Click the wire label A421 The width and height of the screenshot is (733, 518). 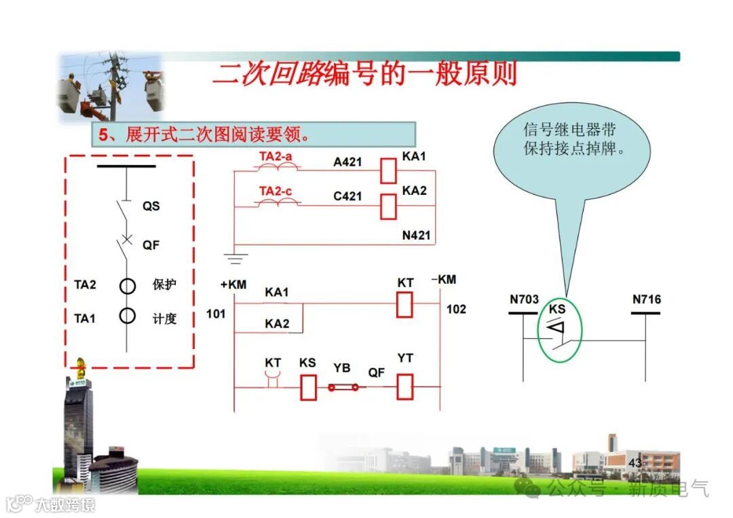347,162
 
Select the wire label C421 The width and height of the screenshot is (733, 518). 347,197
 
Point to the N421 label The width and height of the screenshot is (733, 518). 416,236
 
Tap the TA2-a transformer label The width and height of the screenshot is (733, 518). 276,157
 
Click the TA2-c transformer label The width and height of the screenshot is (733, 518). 276,191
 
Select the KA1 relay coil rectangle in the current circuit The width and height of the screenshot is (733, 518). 388,170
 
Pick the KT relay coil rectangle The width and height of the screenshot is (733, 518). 405,305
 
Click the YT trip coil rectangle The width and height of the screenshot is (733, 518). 405,386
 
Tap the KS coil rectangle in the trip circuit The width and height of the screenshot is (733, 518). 308,387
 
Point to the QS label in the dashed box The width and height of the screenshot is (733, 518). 151,206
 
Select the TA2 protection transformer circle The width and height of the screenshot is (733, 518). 128,286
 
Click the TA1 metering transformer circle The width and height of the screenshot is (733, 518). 128,316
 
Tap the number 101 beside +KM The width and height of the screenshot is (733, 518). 216,314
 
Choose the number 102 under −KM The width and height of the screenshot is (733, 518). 456,310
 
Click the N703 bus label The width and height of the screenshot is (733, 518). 524,299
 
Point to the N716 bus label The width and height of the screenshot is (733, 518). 646,299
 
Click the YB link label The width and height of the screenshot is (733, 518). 342,368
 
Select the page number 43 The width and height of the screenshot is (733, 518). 635,463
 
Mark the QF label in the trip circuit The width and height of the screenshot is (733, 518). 377,372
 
